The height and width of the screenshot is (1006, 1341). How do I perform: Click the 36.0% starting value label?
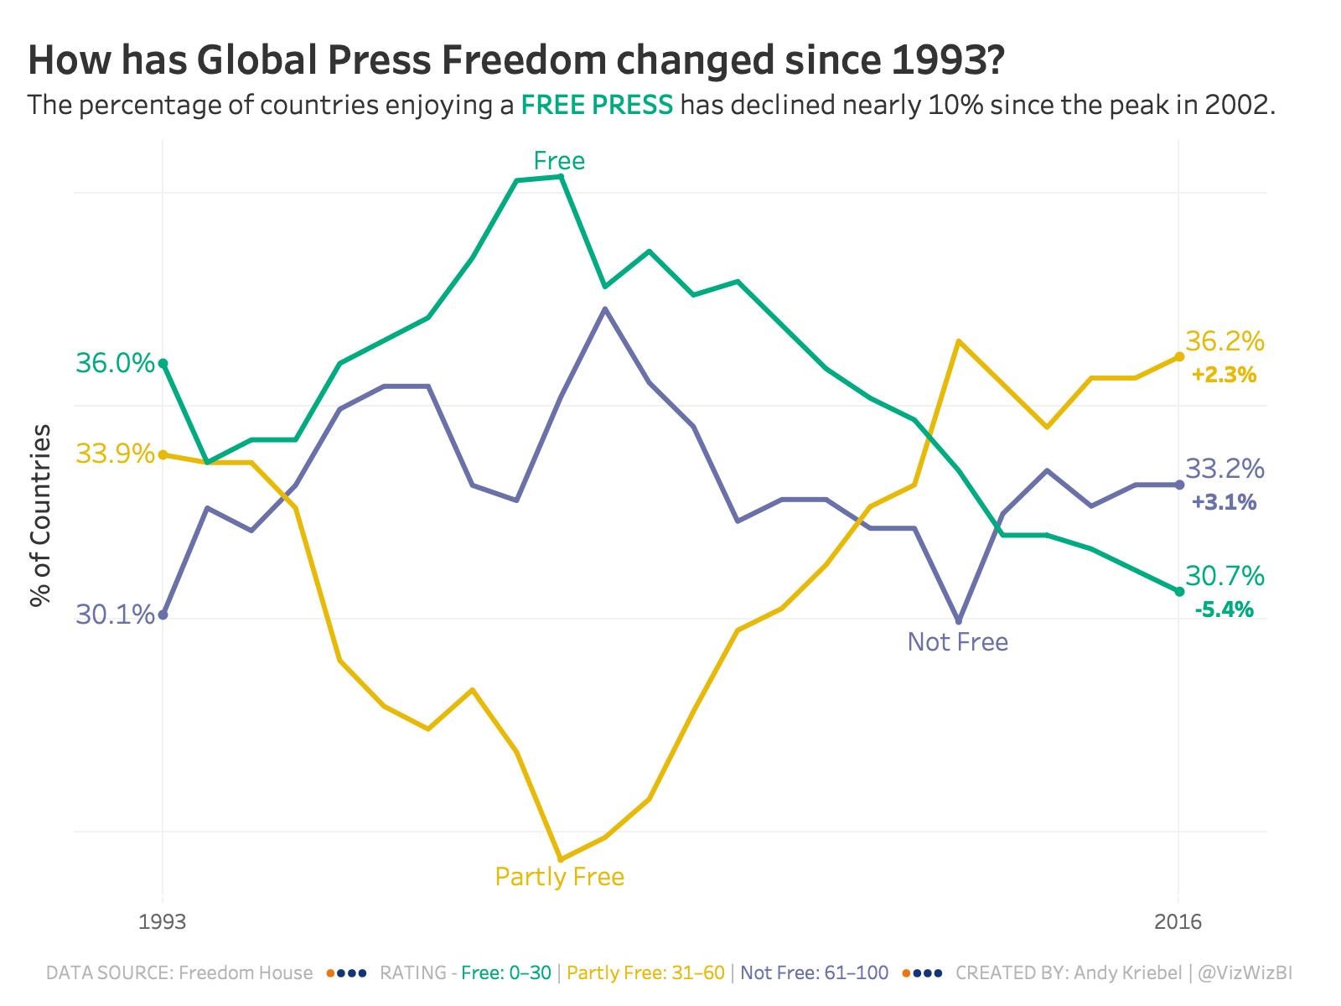point(115,363)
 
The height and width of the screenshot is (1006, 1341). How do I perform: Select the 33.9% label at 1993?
point(115,454)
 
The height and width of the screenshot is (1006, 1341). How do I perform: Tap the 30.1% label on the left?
point(115,614)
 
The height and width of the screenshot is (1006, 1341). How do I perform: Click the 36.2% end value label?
point(1225,341)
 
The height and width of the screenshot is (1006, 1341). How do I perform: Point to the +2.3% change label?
point(1224,375)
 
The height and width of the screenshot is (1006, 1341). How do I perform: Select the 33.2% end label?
point(1225,469)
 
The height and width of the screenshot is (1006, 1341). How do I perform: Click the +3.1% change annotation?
point(1224,502)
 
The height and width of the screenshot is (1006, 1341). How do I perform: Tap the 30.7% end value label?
point(1225,576)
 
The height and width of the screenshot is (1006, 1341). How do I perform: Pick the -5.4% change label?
point(1224,609)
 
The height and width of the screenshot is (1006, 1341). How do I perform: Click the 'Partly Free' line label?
point(559,877)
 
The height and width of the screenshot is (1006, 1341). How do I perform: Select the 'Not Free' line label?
point(957,642)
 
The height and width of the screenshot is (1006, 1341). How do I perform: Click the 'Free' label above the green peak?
point(559,161)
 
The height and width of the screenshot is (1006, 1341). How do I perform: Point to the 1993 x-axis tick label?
point(163,922)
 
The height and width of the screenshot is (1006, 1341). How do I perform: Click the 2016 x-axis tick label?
point(1178,922)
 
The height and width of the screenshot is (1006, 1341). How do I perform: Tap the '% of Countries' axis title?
point(40,515)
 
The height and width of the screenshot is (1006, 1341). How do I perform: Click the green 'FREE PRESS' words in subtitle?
point(597,106)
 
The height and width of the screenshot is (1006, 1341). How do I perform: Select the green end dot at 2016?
point(1179,591)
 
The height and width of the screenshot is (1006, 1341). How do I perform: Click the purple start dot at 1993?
point(163,614)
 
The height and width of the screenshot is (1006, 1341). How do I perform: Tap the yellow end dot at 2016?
point(1179,356)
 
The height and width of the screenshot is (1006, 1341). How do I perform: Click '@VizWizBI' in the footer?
point(1245,973)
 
